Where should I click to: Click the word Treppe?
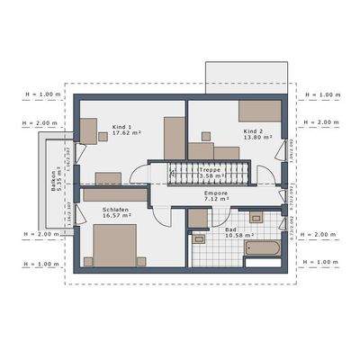pyautogui.click(x=209, y=169)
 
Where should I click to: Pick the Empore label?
pyautogui.click(x=216, y=193)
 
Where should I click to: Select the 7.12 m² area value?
pyautogui.click(x=216, y=200)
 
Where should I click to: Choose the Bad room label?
pyautogui.click(x=229, y=229)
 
